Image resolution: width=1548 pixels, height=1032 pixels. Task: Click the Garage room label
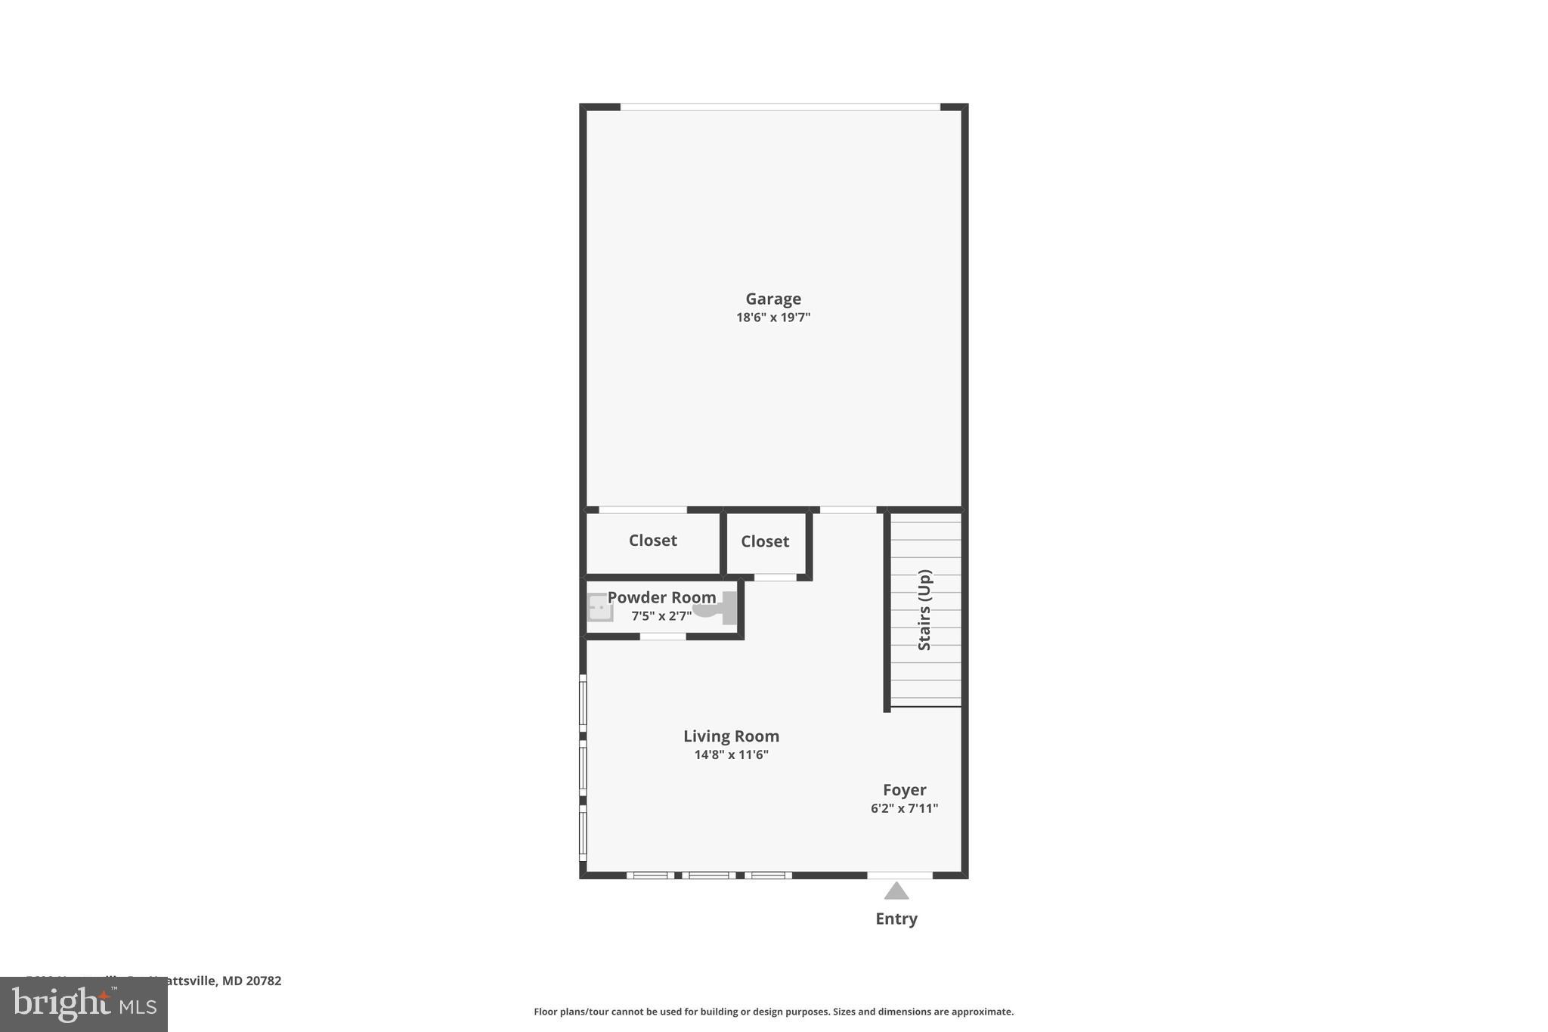[772, 299]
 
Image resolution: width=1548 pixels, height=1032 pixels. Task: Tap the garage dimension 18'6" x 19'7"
[772, 318]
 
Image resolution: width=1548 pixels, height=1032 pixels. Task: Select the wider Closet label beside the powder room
[652, 540]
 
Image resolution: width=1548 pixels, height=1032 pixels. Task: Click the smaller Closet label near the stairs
[764, 541]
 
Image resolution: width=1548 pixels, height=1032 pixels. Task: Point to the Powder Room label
[661, 597]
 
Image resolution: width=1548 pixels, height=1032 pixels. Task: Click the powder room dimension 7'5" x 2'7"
[661, 616]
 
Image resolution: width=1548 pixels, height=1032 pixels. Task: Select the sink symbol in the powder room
[600, 607]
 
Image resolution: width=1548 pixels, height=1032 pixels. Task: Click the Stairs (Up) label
[924, 609]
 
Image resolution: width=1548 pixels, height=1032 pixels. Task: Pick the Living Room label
[731, 736]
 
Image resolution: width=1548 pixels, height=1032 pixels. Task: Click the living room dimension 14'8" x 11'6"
[731, 755]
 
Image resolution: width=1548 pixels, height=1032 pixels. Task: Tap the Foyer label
[904, 789]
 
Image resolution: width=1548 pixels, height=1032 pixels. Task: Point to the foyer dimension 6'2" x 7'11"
[904, 808]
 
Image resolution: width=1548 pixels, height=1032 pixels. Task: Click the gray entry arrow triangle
[896, 891]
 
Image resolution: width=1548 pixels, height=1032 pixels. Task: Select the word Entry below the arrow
[896, 919]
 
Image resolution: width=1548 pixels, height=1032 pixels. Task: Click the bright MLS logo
[84, 1005]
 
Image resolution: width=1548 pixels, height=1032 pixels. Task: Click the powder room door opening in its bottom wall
[663, 637]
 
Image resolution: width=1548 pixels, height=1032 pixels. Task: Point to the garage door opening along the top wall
[780, 107]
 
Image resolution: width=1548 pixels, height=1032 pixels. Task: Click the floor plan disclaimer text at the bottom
[773, 1012]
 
